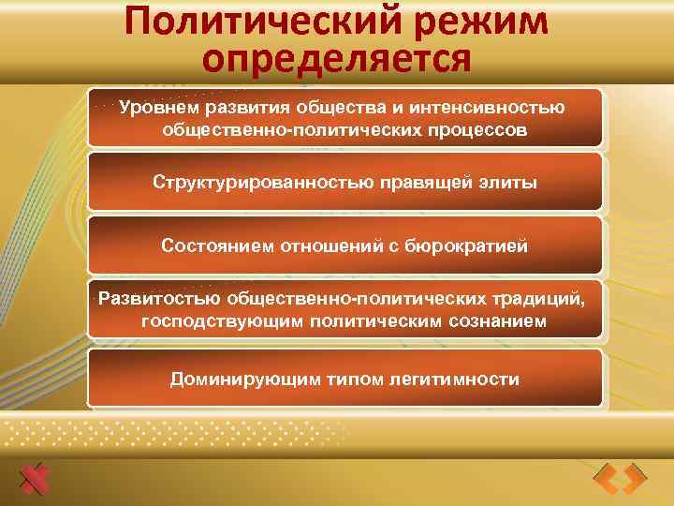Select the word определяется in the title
coord(336,60)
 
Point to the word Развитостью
coord(159,299)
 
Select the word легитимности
coord(458,379)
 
